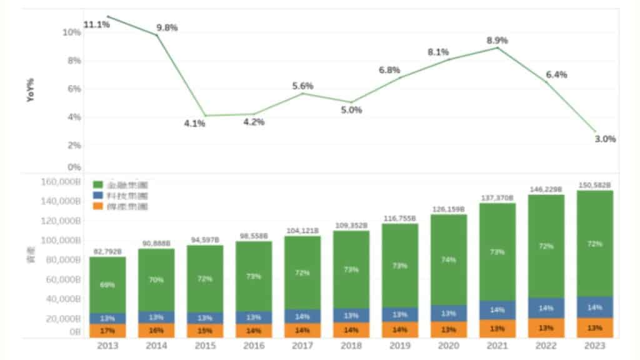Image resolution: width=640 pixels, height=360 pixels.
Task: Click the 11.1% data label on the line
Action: tap(96, 24)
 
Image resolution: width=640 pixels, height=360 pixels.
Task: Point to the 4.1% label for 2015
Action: tap(194, 123)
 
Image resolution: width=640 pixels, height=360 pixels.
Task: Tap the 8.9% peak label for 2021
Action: tap(497, 40)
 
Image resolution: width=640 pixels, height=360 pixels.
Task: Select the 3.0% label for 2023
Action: tap(605, 139)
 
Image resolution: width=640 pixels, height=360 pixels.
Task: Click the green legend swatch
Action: tap(97, 185)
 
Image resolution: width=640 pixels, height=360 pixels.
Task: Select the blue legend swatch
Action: tap(97, 196)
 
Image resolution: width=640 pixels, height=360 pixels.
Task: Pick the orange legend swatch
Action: tap(97, 206)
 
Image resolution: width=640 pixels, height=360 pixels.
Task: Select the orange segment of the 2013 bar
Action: tap(107, 330)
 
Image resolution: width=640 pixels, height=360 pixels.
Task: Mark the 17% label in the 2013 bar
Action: tap(107, 330)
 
